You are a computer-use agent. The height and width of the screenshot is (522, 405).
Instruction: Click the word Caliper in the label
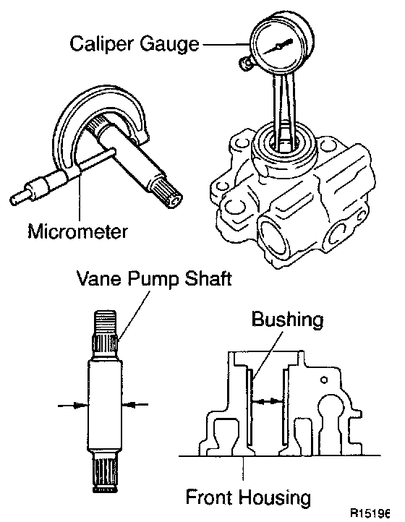point(102,44)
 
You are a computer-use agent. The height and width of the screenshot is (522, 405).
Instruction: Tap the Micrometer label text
point(77,231)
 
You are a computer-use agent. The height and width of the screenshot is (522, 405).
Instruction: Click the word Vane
point(98,278)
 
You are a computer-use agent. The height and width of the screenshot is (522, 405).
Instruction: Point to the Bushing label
point(287,320)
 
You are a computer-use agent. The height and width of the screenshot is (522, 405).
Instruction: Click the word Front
point(210,497)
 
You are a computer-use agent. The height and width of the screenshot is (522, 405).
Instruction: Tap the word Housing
point(275,498)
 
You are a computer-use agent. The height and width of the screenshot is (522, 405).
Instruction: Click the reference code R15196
point(370,513)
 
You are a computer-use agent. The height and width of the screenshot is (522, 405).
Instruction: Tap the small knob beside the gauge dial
point(244,63)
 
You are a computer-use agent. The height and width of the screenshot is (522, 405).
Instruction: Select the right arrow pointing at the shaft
point(135,404)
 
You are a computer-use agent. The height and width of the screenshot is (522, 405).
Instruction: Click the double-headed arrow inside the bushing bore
point(268,402)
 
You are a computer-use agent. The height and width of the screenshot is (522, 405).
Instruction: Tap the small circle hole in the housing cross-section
point(324,380)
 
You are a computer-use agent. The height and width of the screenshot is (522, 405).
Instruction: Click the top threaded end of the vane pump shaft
point(105,322)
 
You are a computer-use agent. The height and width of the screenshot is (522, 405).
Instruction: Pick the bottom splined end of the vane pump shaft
point(105,474)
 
